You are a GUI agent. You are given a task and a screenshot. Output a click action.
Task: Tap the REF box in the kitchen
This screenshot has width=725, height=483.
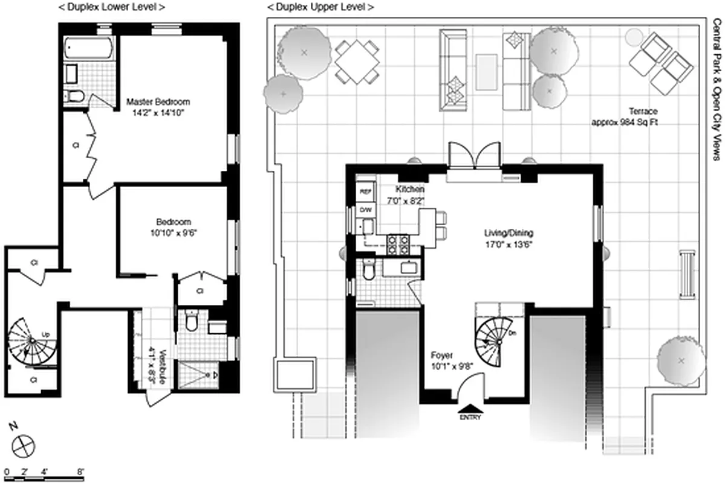coord(365,191)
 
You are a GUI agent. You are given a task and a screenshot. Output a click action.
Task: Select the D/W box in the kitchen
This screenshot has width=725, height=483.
coord(365,210)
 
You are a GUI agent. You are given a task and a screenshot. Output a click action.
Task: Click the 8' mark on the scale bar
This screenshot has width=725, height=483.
coord(80,470)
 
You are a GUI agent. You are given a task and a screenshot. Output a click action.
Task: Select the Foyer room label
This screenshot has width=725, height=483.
coord(442,356)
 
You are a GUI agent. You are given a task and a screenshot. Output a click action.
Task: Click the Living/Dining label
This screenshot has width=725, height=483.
coord(509,232)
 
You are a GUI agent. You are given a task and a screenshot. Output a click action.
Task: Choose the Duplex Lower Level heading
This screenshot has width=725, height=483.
coord(113,7)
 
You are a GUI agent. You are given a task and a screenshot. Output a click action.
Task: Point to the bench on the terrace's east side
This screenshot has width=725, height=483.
coord(688,273)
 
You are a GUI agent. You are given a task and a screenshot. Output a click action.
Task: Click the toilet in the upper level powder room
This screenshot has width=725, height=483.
coord(368,271)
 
